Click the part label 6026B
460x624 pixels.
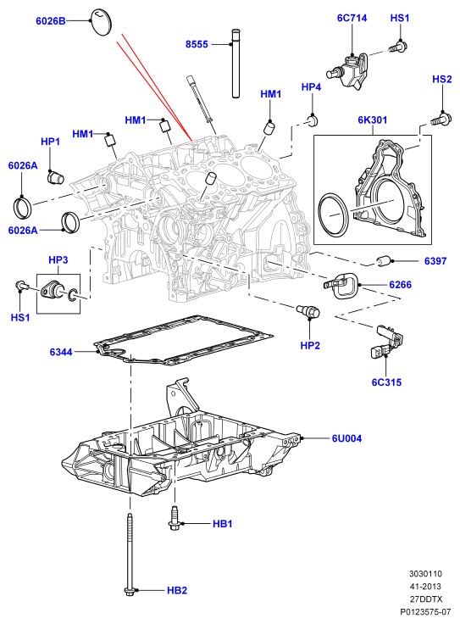tap(51, 21)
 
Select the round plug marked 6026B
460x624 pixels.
tap(102, 22)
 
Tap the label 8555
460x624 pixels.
tap(197, 44)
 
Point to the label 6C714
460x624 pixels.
tap(352, 18)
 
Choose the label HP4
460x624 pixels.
tap(311, 86)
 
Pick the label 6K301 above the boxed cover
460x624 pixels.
tap(372, 120)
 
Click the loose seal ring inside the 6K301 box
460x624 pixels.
tap(333, 216)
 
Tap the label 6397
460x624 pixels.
tap(435, 261)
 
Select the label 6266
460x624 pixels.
tap(401, 285)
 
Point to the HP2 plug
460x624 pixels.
tap(308, 311)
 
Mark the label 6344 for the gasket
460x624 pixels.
tap(61, 352)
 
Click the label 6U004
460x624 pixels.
tap(346, 438)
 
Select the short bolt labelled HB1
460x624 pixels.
tap(175, 518)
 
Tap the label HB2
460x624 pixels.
tap(177, 590)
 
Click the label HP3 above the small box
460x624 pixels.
tap(58, 260)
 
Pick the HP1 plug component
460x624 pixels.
tap(55, 177)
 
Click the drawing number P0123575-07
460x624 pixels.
tap(425, 611)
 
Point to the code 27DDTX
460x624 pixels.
tap(426, 599)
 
